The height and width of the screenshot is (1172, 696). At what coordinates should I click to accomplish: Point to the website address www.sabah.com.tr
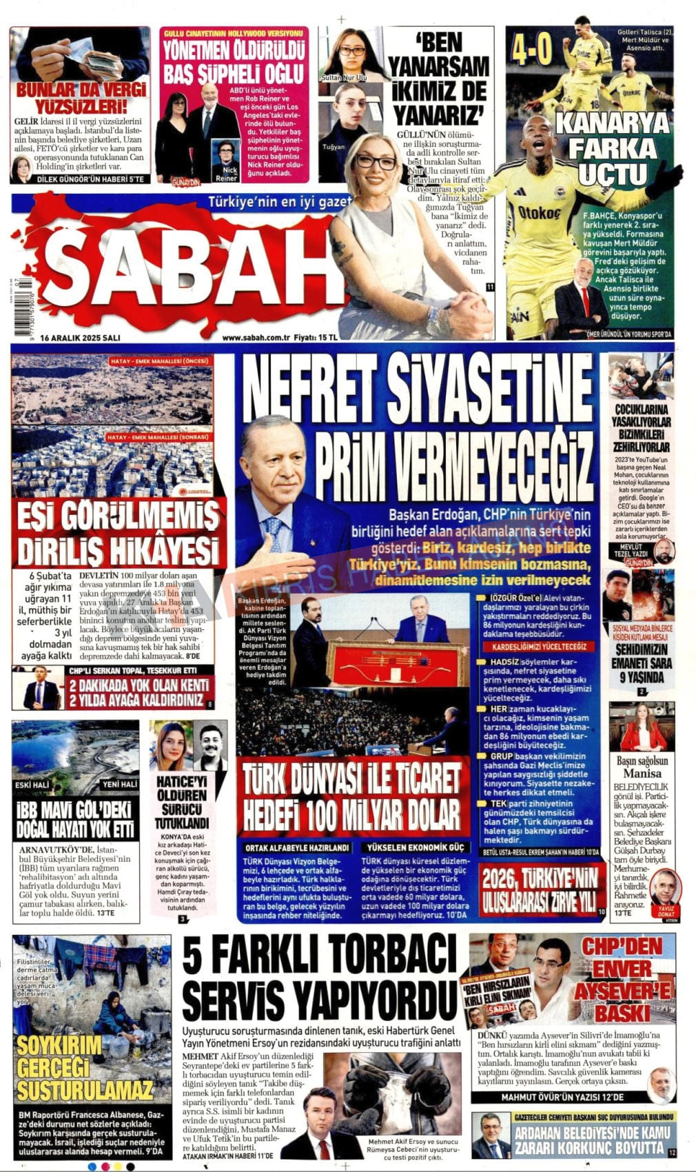coord(254,337)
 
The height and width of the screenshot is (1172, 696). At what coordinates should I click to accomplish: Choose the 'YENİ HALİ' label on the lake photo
coord(119,785)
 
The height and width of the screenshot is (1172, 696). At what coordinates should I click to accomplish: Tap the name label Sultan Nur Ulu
coord(344,78)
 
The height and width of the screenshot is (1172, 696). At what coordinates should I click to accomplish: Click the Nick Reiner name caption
coord(226,173)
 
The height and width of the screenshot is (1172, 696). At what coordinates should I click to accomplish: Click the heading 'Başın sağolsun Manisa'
coord(642,767)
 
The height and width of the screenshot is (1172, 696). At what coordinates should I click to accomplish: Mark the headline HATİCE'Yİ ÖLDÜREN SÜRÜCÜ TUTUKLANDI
coord(181,802)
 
